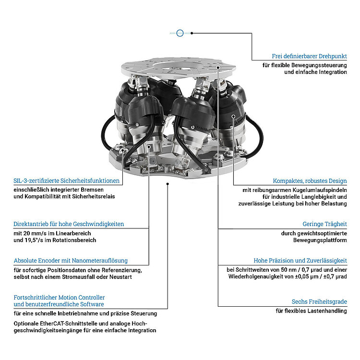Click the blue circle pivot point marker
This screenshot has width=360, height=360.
point(180,33)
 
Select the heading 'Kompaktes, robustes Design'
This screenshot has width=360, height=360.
point(310,181)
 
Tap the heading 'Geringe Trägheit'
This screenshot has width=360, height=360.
point(324,224)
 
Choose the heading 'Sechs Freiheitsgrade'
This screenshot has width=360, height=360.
point(319,301)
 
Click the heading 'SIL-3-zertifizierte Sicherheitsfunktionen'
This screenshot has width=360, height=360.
point(67,181)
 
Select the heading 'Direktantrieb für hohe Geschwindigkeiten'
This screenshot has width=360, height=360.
point(69,224)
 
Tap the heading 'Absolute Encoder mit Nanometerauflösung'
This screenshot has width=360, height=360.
point(71,260)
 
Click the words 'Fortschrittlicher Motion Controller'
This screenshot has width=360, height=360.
point(59,298)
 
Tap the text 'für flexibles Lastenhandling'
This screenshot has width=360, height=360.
point(311,311)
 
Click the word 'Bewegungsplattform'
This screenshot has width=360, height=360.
point(320,240)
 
